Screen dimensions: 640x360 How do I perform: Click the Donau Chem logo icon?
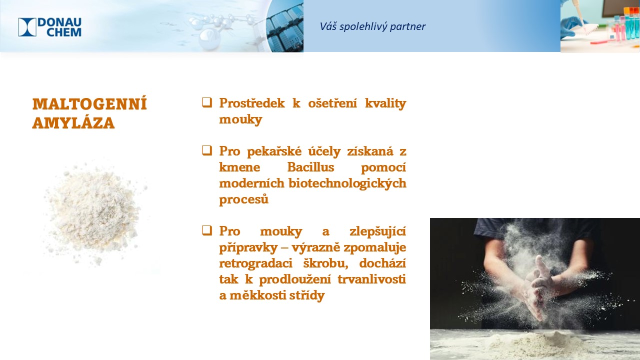click(x=27, y=27)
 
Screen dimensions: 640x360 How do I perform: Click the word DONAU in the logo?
click(x=59, y=22)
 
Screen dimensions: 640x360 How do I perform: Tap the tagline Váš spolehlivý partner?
click(x=372, y=26)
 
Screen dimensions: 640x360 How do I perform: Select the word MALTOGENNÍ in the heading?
click(x=89, y=104)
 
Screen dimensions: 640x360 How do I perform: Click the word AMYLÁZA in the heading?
click(x=73, y=123)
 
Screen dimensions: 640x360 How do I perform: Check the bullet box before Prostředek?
click(x=207, y=102)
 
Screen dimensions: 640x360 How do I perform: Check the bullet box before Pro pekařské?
click(x=207, y=150)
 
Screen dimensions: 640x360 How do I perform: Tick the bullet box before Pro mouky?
click(x=207, y=230)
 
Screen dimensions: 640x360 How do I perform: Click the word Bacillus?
click(x=310, y=167)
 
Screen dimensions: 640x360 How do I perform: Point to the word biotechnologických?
click(x=347, y=183)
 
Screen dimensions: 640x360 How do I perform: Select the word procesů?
click(x=243, y=199)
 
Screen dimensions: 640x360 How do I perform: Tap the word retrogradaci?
click(x=255, y=263)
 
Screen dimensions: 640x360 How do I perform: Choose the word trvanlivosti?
click(x=371, y=279)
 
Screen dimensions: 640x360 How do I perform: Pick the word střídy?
click(x=307, y=295)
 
